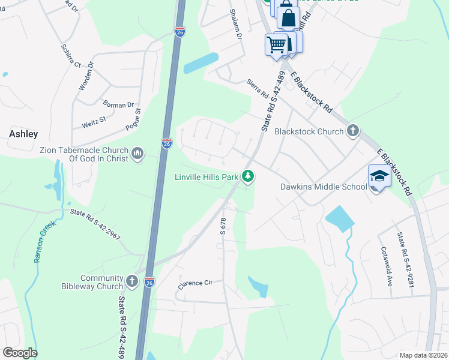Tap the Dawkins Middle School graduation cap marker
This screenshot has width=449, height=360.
pos(379,176)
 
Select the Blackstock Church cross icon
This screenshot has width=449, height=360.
pos(353,131)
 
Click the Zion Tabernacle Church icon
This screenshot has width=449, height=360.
pos(137,154)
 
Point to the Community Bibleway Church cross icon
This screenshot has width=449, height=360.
pos(133,281)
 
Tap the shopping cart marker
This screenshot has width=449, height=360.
pos(276,44)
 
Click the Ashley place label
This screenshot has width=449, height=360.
pos(23,134)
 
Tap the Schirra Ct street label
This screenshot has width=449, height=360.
pos(71,55)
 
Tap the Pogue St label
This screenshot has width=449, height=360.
pos(133,119)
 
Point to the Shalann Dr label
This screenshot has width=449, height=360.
pos(235,25)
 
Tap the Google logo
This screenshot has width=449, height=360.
pos(20,353)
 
